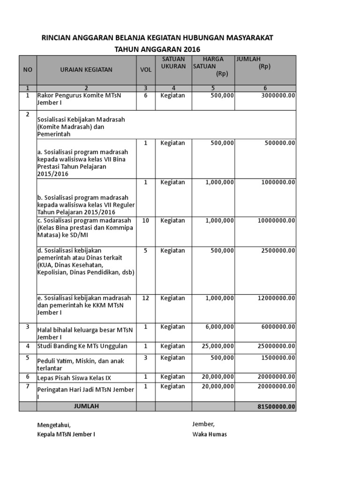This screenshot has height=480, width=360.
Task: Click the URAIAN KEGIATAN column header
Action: coord(86,70)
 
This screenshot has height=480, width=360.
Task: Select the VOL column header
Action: coord(146,70)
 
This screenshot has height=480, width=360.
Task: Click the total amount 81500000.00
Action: coord(276,406)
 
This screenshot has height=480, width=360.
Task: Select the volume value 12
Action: coord(146,298)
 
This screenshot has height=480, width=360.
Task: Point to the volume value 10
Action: coord(146,220)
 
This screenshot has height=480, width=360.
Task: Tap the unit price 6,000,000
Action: coord(219,327)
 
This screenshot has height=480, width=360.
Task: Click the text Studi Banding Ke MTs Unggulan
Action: coord(82,346)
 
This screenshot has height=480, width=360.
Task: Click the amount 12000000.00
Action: coord(276,298)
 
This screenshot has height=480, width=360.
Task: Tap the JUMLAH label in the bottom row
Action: coord(86,406)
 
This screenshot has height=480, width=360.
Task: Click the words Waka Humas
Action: coord(210,434)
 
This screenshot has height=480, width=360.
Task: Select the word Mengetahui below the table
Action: coord(54,425)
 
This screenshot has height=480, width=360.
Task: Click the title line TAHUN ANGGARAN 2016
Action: coord(157,49)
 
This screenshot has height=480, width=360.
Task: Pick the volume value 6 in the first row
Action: coord(146,95)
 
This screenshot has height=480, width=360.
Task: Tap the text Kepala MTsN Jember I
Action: coord(66,434)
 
